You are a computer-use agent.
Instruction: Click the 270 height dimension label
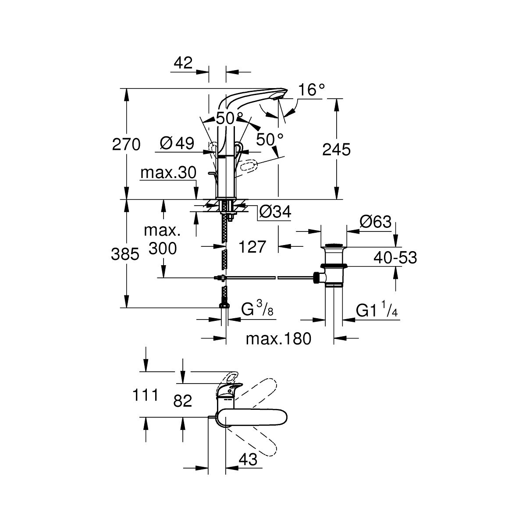click(126, 145)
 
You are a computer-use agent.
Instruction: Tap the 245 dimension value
click(336, 150)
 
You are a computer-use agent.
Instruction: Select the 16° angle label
click(312, 90)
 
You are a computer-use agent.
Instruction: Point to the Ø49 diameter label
click(177, 143)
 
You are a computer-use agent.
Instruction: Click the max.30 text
click(168, 173)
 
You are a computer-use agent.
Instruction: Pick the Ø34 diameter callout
click(275, 213)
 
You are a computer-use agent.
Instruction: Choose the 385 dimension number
click(125, 254)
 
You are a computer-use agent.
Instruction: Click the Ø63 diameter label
click(375, 222)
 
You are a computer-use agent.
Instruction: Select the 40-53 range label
click(395, 258)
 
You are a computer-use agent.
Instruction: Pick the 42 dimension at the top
click(183, 63)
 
